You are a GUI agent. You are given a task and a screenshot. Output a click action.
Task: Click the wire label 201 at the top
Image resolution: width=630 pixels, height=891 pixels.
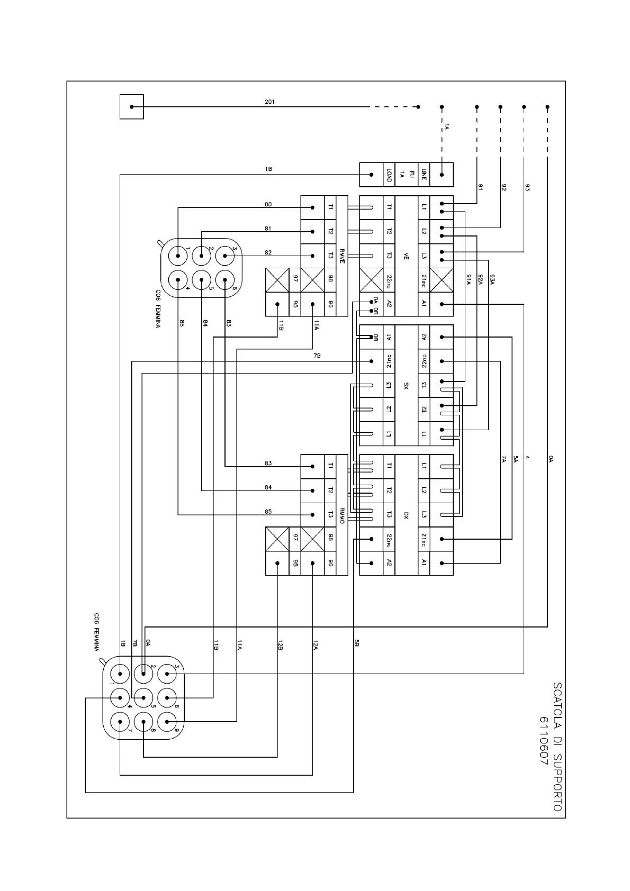click(x=269, y=102)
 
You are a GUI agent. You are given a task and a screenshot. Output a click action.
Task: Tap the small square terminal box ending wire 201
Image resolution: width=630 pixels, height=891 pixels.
click(x=131, y=107)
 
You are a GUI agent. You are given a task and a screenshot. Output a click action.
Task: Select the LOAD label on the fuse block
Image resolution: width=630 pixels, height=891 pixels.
click(x=389, y=175)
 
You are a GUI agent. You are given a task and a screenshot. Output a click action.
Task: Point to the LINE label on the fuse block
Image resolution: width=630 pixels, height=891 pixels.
click(x=424, y=175)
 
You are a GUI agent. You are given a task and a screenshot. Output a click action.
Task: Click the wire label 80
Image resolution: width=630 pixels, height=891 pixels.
click(x=268, y=204)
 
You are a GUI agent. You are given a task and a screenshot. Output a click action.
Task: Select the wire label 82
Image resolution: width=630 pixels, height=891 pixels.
click(x=268, y=252)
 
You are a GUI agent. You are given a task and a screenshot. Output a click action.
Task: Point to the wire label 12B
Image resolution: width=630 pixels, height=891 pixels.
click(x=280, y=645)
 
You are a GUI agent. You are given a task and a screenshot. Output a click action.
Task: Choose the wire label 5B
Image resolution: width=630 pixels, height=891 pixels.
click(x=356, y=643)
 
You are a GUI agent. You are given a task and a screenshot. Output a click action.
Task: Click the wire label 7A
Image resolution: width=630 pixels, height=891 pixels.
click(x=504, y=459)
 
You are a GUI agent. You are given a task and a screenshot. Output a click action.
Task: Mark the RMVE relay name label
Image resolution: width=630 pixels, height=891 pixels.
click(x=342, y=256)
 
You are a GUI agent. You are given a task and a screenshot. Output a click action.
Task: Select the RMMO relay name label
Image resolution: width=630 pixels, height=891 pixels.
click(x=342, y=515)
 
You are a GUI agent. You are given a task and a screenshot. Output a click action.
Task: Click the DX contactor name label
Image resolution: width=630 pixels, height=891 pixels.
click(x=406, y=515)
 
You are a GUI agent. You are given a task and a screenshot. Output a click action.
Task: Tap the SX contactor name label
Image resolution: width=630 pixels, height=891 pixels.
click(x=406, y=386)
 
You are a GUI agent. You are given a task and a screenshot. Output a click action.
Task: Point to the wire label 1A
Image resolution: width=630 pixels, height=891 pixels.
click(x=446, y=127)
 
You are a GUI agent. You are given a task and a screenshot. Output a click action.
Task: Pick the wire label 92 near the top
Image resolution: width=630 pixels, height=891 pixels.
click(x=504, y=187)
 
